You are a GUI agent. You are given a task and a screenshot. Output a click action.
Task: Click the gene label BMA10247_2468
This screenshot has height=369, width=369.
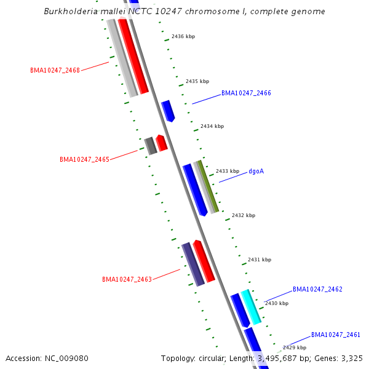pos(55,70)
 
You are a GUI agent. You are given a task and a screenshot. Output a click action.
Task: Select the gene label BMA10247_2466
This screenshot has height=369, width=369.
pos(246,93)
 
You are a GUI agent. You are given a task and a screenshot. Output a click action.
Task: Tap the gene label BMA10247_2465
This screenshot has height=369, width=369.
pos(84,159)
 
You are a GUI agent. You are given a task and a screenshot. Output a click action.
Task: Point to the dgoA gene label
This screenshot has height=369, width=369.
pos(256,171)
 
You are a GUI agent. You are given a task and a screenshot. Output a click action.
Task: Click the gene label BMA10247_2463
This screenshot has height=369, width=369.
pos(127,280)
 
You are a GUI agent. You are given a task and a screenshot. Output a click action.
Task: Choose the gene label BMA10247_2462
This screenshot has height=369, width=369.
pos(317,289)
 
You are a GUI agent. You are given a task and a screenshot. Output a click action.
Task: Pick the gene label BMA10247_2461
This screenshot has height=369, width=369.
pos(335,335)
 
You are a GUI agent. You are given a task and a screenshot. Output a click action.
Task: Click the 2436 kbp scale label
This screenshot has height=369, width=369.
pos(183,37)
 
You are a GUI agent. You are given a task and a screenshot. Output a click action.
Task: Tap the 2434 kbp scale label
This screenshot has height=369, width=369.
pos(212,126)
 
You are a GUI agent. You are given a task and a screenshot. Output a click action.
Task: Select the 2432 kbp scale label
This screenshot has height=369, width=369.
pos(243,216)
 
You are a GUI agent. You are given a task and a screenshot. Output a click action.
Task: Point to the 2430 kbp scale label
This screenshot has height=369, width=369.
pos(276,304)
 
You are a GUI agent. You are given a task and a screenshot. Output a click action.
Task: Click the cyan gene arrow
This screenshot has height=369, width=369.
pos(251,306)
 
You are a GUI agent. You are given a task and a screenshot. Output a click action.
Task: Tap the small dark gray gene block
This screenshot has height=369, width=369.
pos(150,146)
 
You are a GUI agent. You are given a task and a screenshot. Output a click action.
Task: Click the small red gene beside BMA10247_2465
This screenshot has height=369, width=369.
pos(161,143)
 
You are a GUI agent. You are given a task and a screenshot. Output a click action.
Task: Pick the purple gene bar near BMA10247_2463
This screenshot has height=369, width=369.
pos(192,264)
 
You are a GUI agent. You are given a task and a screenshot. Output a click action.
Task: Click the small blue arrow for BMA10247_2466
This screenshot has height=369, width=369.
pos(167,110)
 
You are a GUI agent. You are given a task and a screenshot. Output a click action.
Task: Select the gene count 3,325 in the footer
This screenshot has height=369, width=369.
pos(350,358)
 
